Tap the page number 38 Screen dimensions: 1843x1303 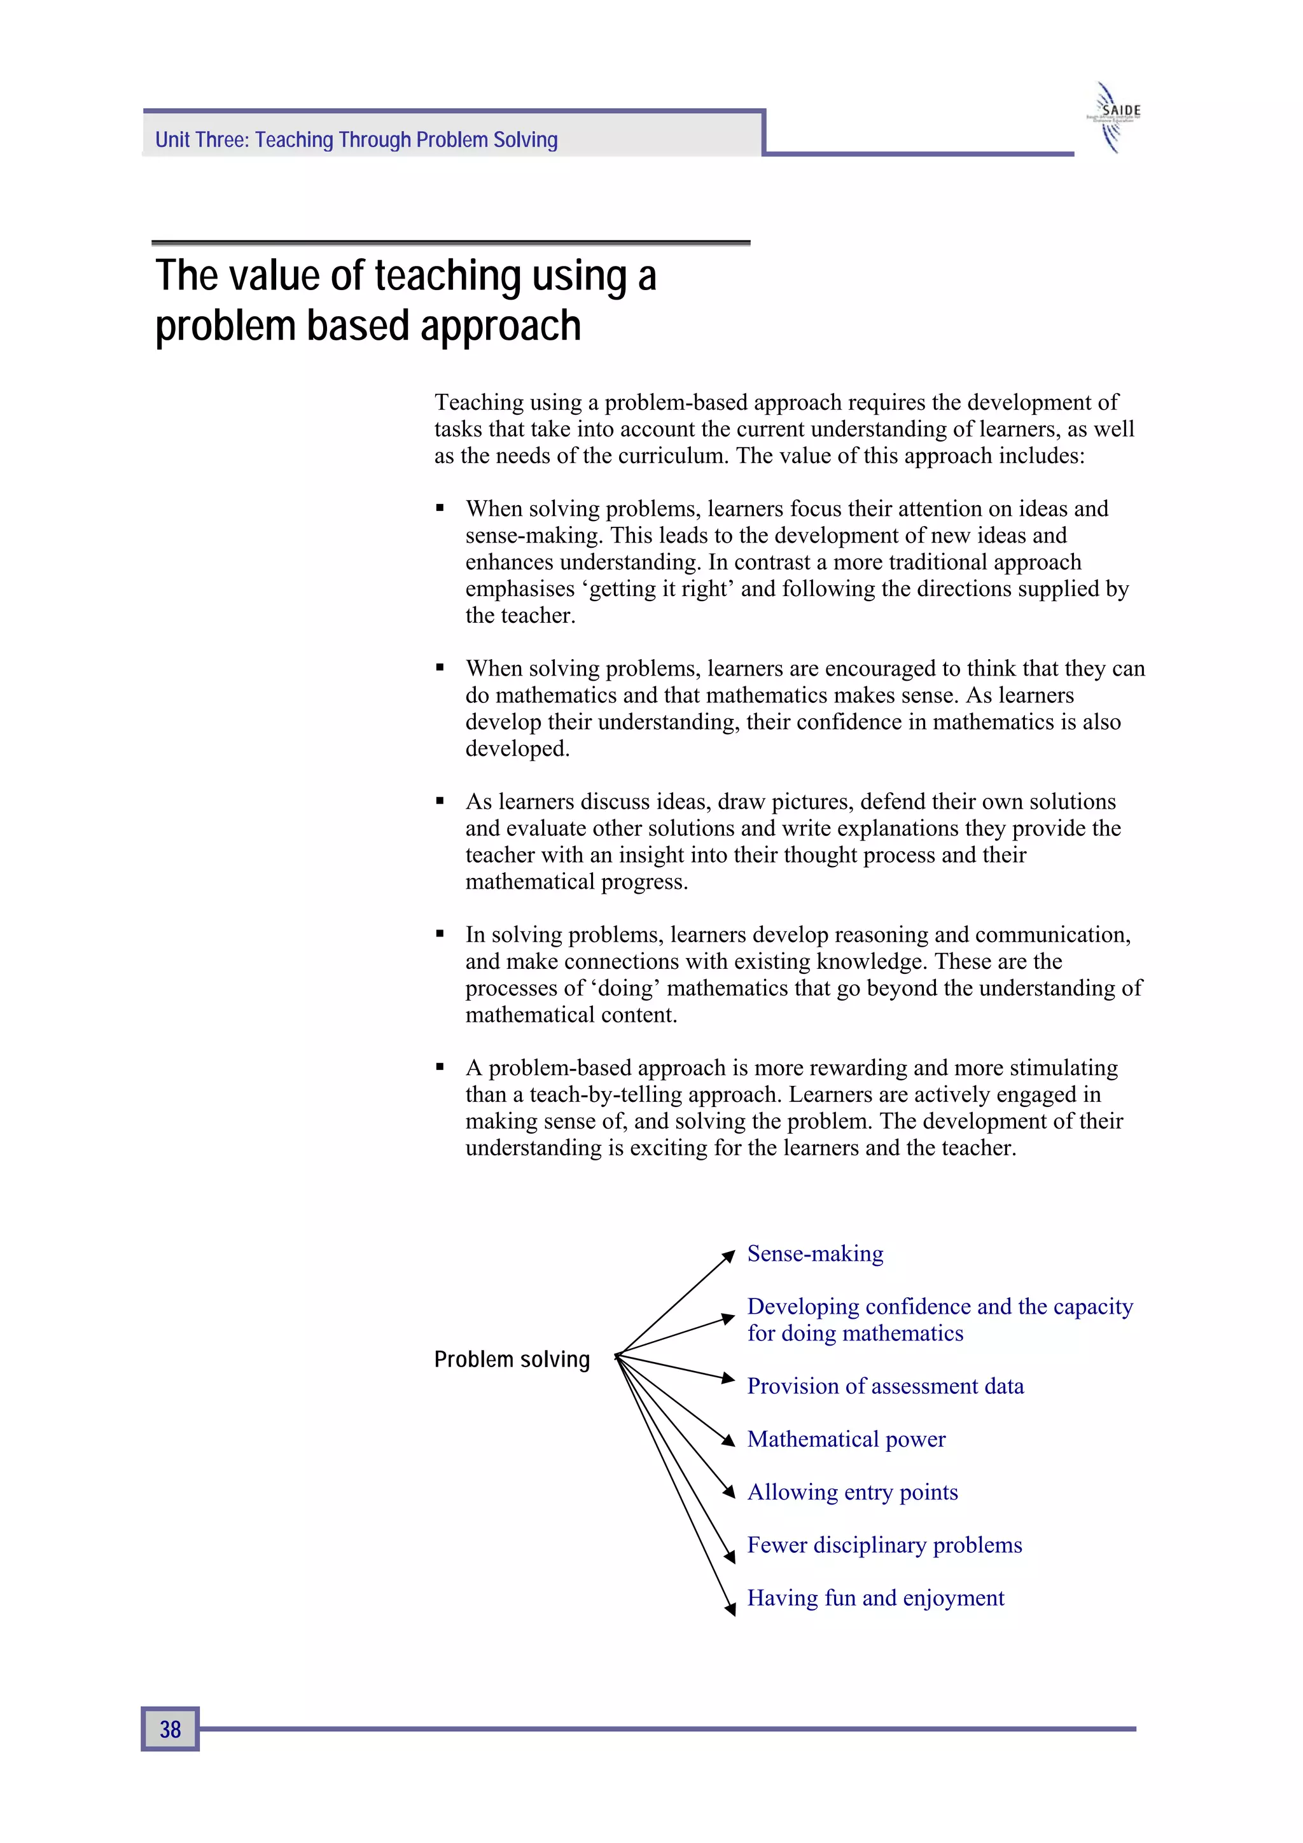tap(171, 1728)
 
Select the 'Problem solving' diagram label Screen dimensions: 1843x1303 tap(512, 1359)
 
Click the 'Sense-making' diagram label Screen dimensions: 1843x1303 tap(815, 1253)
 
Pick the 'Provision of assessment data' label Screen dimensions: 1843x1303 tap(885, 1386)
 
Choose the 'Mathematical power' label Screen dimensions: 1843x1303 tap(846, 1438)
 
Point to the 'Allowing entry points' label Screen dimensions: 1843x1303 tap(852, 1491)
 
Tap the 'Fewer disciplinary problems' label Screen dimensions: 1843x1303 tap(884, 1545)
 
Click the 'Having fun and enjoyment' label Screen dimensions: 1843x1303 tap(875, 1597)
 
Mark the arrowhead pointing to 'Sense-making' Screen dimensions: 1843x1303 tap(728, 1255)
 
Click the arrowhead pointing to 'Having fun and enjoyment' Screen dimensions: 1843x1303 tap(730, 1609)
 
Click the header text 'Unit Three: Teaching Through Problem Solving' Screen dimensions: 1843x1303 tap(356, 140)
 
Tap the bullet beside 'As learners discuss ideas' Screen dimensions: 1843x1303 tap(440, 801)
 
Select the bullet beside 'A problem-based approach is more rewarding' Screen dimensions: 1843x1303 tap(440, 1067)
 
